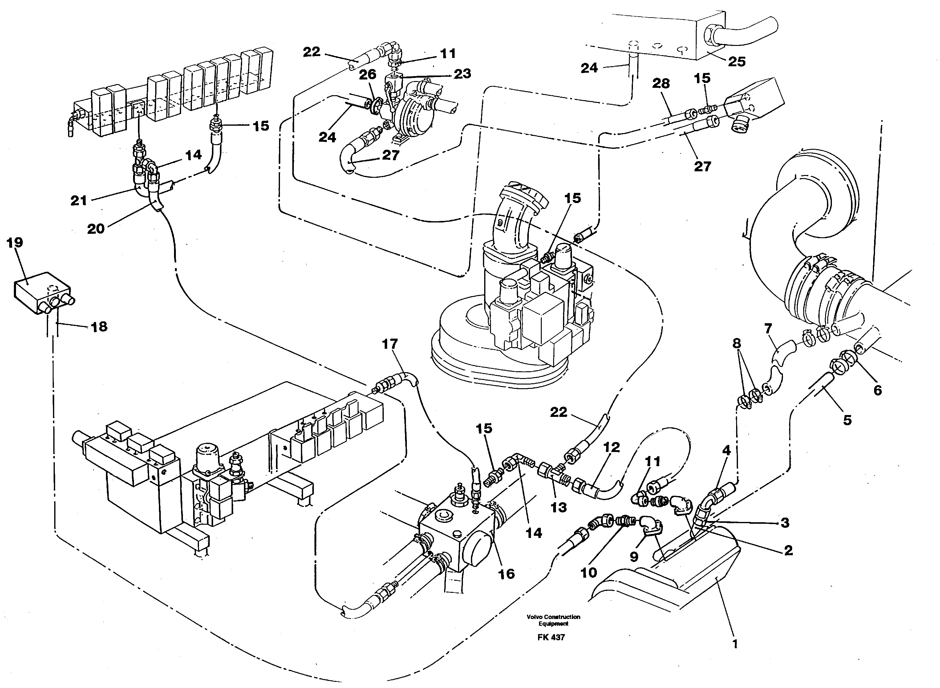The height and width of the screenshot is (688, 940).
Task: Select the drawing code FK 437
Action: point(551,637)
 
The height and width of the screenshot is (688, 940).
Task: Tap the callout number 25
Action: point(736,62)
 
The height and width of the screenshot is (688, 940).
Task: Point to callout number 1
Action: point(735,644)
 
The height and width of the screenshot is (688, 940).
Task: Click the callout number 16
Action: point(506,574)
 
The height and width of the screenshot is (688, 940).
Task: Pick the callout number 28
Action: point(661,84)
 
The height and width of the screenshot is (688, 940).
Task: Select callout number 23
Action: point(462,74)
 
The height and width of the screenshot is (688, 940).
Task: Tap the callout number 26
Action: point(367,75)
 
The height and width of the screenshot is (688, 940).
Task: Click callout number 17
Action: point(390,344)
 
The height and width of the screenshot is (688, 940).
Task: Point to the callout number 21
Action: point(79,201)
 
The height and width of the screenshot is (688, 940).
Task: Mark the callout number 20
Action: point(95,228)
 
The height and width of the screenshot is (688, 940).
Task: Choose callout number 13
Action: point(558,507)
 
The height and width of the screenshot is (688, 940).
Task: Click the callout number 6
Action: point(877,390)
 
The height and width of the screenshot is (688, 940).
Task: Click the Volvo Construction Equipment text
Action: point(553,620)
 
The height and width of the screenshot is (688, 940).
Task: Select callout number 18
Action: point(99,327)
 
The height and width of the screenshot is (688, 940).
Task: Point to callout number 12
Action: point(611,447)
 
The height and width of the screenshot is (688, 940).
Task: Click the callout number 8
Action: point(736,344)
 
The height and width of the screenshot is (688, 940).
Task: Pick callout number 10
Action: point(588,573)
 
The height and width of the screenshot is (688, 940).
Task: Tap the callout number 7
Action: point(768,329)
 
